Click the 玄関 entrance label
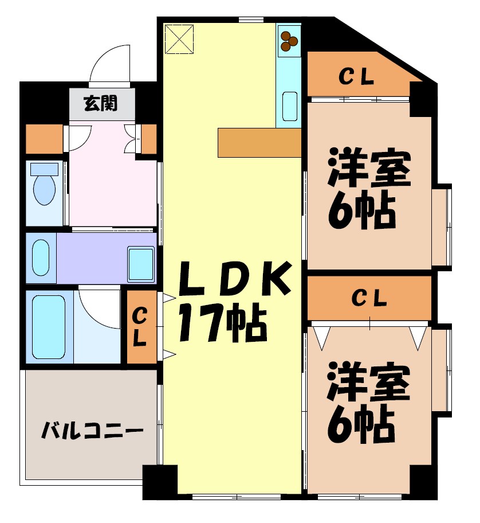tap(101, 104)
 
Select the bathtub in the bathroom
tap(48, 326)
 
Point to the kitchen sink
tap(289, 107)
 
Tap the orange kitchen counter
tap(259, 142)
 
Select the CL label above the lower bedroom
tap(369, 298)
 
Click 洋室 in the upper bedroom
tap(369, 168)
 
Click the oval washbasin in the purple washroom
tap(40, 258)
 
